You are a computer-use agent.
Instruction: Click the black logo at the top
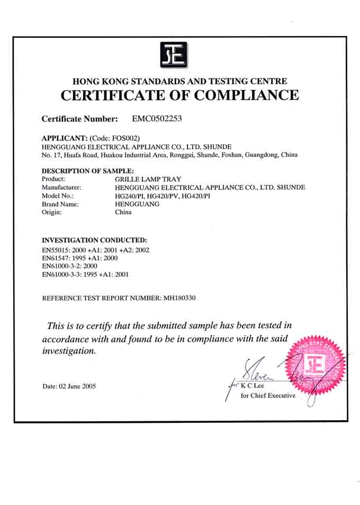point(174,55)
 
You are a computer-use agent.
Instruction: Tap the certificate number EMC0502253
point(157,119)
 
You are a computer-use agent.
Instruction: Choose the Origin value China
point(123,212)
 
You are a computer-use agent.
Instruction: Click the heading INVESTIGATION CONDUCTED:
point(94,240)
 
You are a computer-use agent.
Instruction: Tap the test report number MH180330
point(177,298)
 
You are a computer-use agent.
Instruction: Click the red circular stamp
point(316,367)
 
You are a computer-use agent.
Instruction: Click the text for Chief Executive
point(267,395)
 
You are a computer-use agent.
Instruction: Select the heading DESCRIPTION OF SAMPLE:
point(88,171)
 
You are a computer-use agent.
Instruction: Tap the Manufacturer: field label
point(61,188)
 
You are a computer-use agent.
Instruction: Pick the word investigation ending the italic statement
point(69,351)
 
